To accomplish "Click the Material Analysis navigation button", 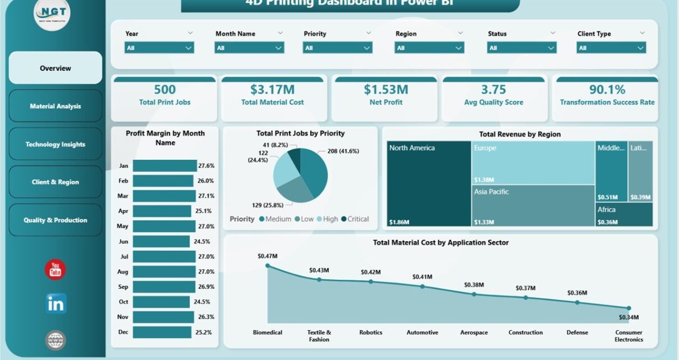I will pyautogui.click(x=56, y=106).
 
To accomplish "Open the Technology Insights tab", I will pyautogui.click(x=56, y=144).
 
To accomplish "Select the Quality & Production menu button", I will pyautogui.click(x=56, y=220).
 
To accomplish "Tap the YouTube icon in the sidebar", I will pyautogui.click(x=56, y=270).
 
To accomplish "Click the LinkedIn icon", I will pyautogui.click(x=56, y=303).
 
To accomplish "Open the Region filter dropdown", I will pyautogui.click(x=429, y=48).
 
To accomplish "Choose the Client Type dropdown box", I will pyautogui.click(x=611, y=48).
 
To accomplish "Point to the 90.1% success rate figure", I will pyautogui.click(x=607, y=90).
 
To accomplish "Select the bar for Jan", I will pyautogui.click(x=164, y=166).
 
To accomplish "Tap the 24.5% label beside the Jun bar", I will pyautogui.click(x=203, y=242).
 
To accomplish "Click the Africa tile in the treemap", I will pyautogui.click(x=625, y=214).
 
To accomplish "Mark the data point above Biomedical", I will pyautogui.click(x=268, y=266).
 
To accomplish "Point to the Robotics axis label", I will pyautogui.click(x=371, y=333).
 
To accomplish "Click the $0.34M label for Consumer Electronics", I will pyautogui.click(x=628, y=318).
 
